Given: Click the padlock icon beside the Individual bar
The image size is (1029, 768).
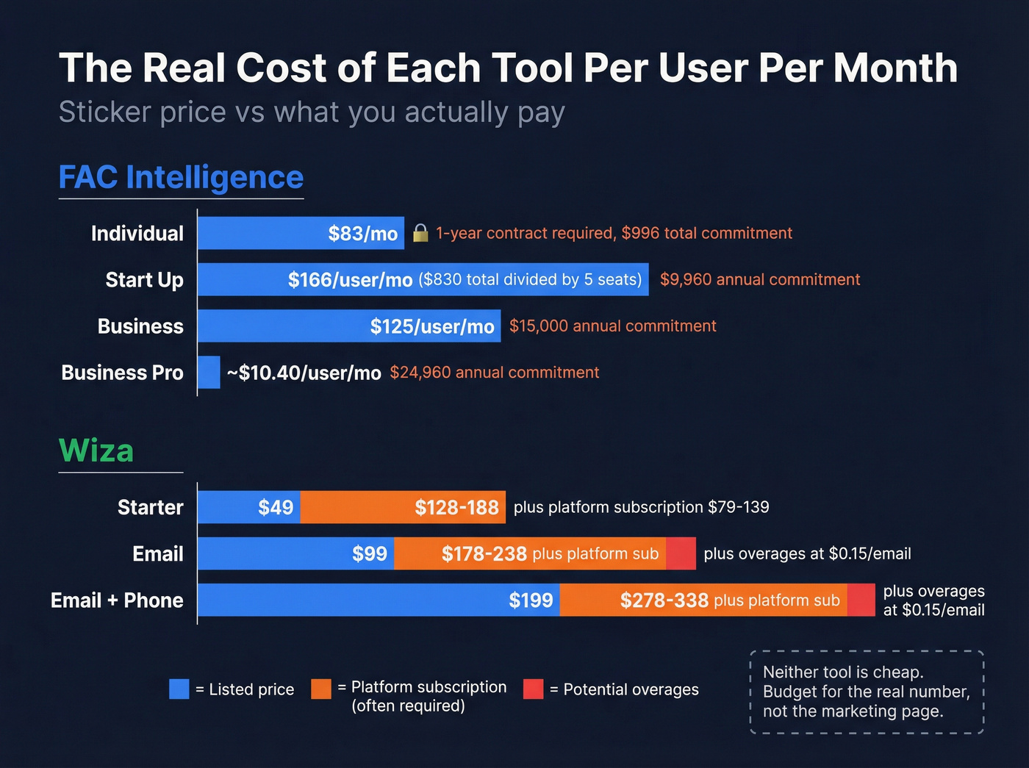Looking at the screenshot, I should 420,233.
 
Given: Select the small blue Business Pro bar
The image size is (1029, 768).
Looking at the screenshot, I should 209,373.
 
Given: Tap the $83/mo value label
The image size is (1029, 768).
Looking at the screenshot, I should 362,234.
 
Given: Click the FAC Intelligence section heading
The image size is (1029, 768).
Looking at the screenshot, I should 181,178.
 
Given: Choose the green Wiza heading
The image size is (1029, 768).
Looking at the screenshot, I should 96,451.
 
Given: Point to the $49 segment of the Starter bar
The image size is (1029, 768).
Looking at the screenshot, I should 275,507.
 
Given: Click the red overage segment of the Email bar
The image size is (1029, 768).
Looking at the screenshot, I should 681,553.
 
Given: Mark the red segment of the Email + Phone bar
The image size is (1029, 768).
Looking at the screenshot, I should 861,600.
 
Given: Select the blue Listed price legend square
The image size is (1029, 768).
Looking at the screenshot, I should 179,689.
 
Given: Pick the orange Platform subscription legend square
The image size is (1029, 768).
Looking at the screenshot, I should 321,689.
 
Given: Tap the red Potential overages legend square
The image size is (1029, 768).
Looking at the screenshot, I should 533,689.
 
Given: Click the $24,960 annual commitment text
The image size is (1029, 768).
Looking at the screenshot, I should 494,373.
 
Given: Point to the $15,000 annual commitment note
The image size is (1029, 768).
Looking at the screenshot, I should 612,326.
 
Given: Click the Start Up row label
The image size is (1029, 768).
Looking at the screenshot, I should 144,280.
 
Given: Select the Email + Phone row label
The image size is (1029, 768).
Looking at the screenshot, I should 117,600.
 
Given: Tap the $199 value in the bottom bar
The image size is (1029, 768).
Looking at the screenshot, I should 531,600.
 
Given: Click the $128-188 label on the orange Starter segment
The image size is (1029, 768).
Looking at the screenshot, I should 456,507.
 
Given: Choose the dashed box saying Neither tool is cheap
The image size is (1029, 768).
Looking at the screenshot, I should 867,692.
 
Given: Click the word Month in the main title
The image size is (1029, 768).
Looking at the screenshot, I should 895,68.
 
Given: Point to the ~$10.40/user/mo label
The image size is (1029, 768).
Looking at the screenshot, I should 304,373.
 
